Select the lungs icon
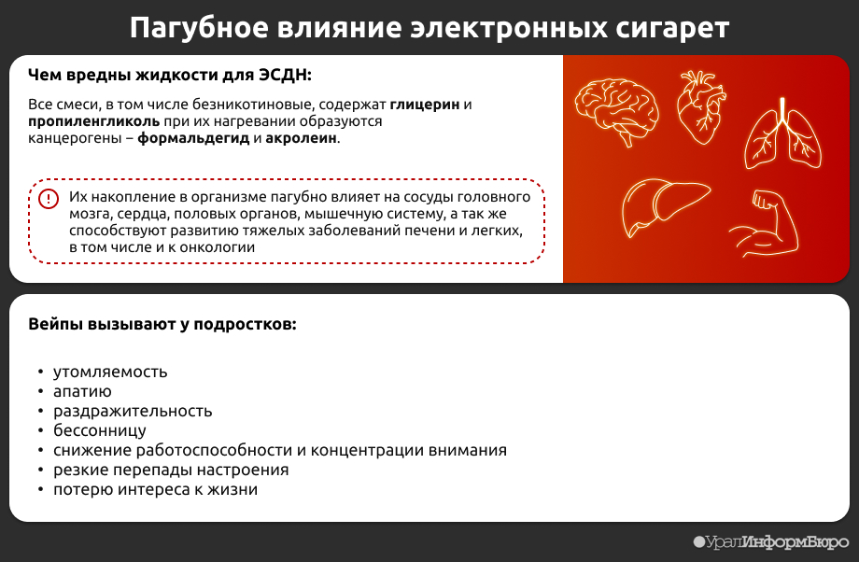pos(782,133)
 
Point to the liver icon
pos(665,205)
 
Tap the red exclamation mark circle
pos(49,198)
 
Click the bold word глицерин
pos(425,105)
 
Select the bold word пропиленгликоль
pos(93,121)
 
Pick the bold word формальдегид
pos(193,138)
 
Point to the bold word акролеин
pos(301,138)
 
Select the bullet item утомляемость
pos(110,372)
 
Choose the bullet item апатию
pos(82,392)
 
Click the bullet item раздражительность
pos(133,412)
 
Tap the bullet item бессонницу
pos(100,430)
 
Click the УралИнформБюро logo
pos(771,542)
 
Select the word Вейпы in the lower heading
pos(55,324)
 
